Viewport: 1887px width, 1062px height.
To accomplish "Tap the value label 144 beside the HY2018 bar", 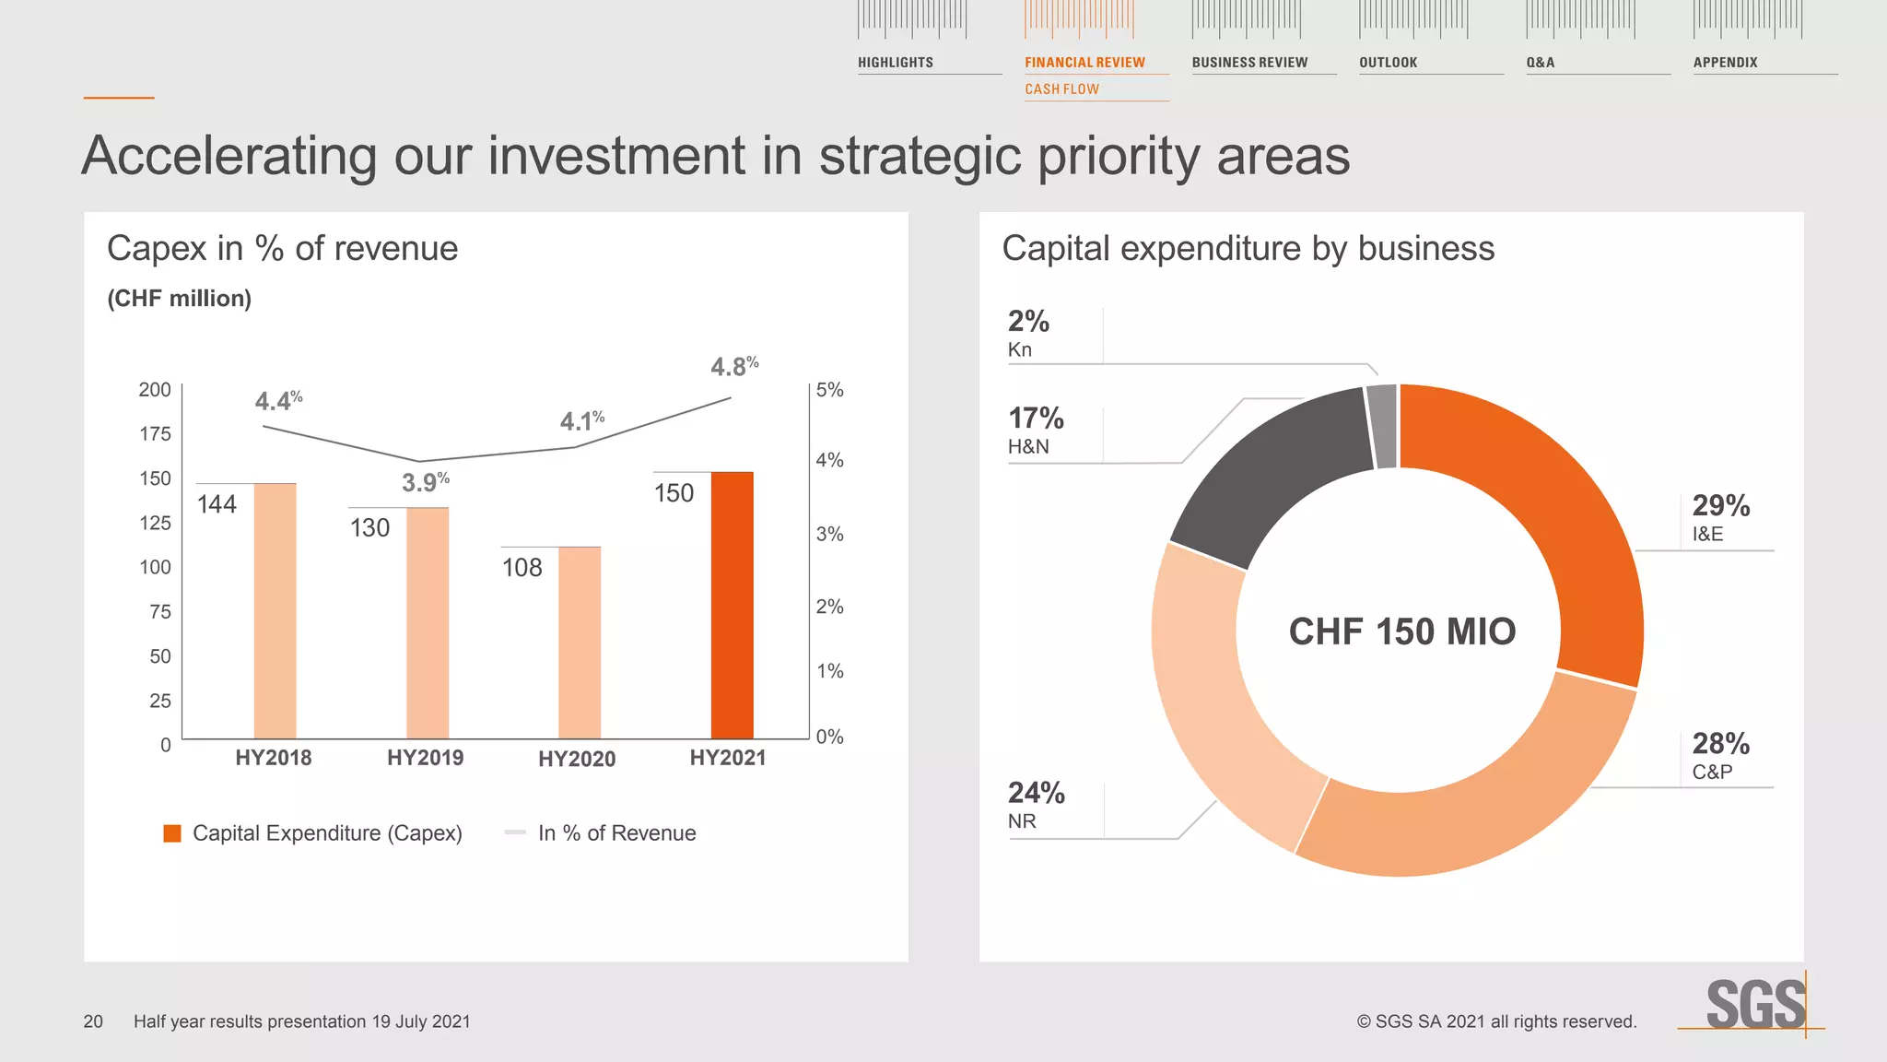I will (217, 504).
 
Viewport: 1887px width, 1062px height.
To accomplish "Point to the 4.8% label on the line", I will (734, 366).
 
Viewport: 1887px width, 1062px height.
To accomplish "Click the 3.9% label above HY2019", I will (426, 482).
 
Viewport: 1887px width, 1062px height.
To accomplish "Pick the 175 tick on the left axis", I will (155, 434).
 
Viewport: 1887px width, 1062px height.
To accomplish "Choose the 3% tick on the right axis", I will (829, 534).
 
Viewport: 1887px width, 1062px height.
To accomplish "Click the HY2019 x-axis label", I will (425, 758).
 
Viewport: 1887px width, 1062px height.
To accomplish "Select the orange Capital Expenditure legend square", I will (172, 833).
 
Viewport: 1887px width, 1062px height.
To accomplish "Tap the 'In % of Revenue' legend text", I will (616, 833).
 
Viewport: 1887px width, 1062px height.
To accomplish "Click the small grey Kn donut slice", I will (1382, 426).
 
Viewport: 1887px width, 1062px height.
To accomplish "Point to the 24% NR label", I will (1035, 804).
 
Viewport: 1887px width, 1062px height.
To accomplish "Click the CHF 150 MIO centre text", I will (1401, 631).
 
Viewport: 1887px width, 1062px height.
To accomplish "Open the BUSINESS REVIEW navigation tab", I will (1249, 63).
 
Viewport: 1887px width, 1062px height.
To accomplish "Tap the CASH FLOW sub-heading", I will (1061, 89).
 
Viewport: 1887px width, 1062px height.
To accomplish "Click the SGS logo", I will (1754, 1004).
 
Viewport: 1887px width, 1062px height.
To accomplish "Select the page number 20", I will (93, 1021).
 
